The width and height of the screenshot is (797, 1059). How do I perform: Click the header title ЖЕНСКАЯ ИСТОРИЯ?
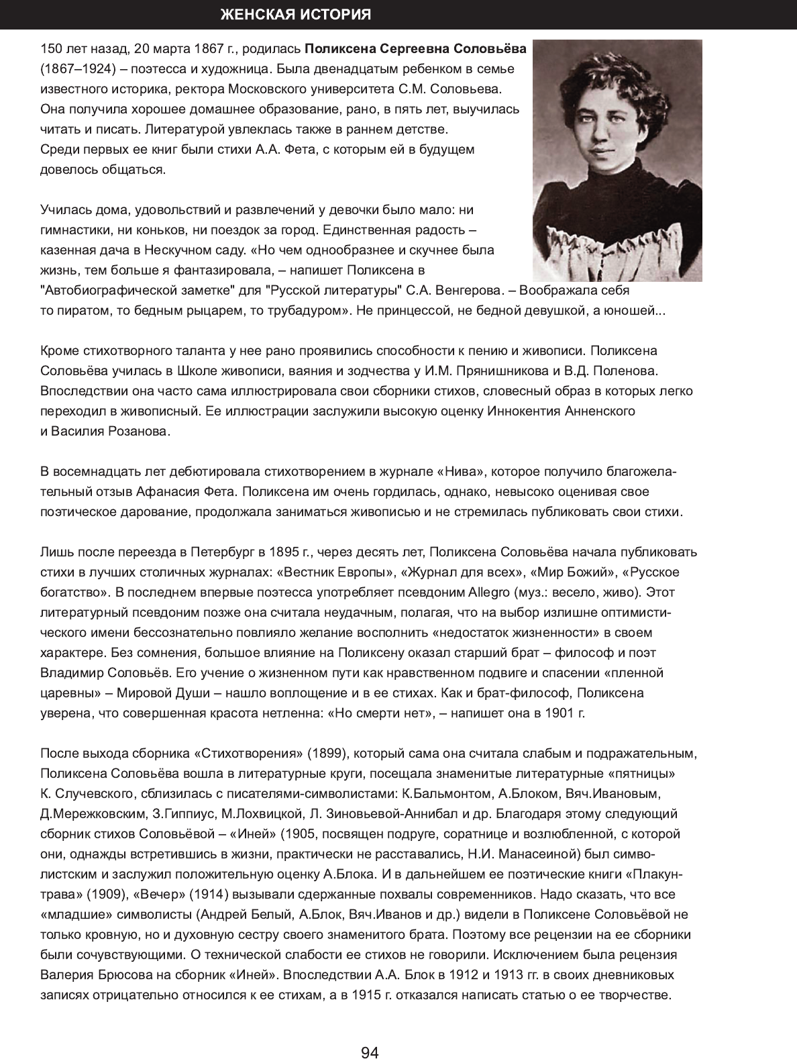tap(296, 15)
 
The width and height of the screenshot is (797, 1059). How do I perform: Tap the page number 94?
tap(370, 1034)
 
